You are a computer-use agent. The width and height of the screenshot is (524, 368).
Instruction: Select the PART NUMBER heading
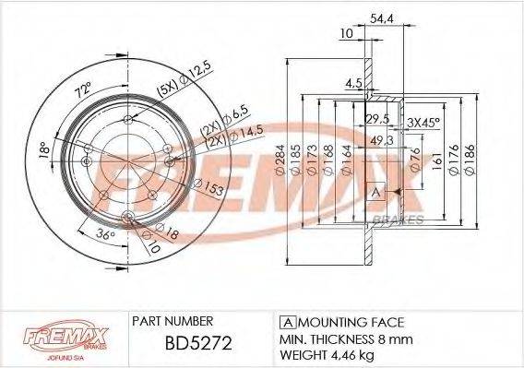tap(173, 322)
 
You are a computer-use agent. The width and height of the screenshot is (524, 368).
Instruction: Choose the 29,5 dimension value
tap(376, 120)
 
